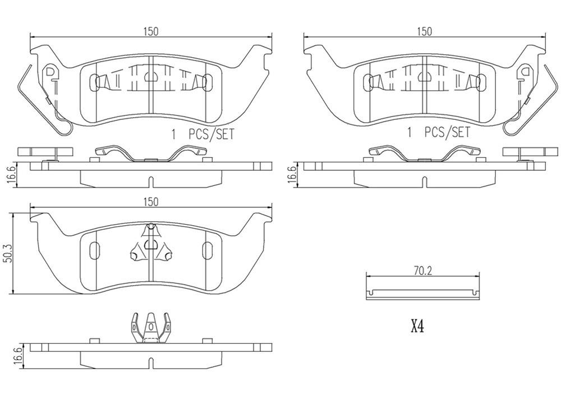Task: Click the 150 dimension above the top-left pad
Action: [x=150, y=32]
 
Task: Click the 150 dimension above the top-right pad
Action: [x=425, y=32]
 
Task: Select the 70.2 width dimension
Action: [x=422, y=270]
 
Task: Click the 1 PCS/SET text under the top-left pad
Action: [x=202, y=134]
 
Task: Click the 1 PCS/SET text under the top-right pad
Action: [x=438, y=133]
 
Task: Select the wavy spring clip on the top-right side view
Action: [x=425, y=155]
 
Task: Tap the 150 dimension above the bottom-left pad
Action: [x=150, y=201]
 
